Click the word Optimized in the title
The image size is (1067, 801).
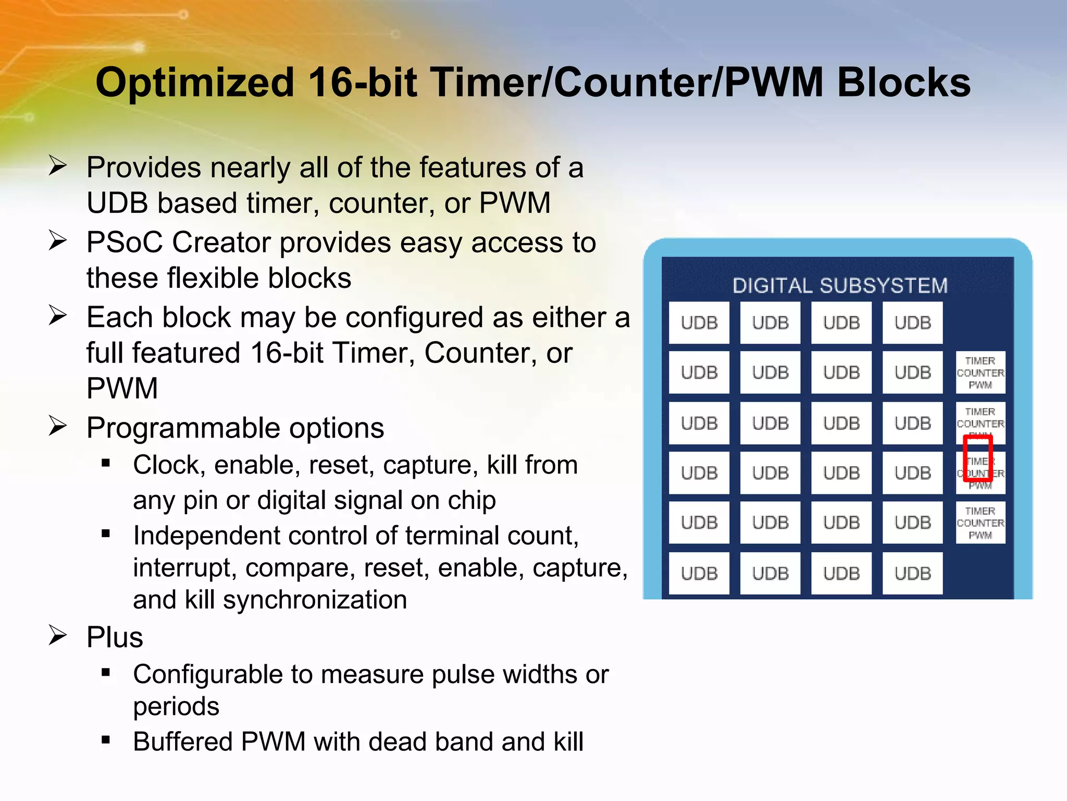[195, 83]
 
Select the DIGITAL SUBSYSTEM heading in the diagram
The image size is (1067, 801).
[840, 286]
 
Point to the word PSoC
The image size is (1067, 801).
[125, 242]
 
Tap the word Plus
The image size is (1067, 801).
[115, 637]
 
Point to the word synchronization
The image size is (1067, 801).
[315, 600]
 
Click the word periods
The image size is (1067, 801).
[176, 707]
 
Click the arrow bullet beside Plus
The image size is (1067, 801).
[57, 635]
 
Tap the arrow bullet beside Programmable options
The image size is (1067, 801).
[57, 426]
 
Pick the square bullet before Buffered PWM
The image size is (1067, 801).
[106, 739]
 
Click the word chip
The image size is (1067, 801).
[472, 501]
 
